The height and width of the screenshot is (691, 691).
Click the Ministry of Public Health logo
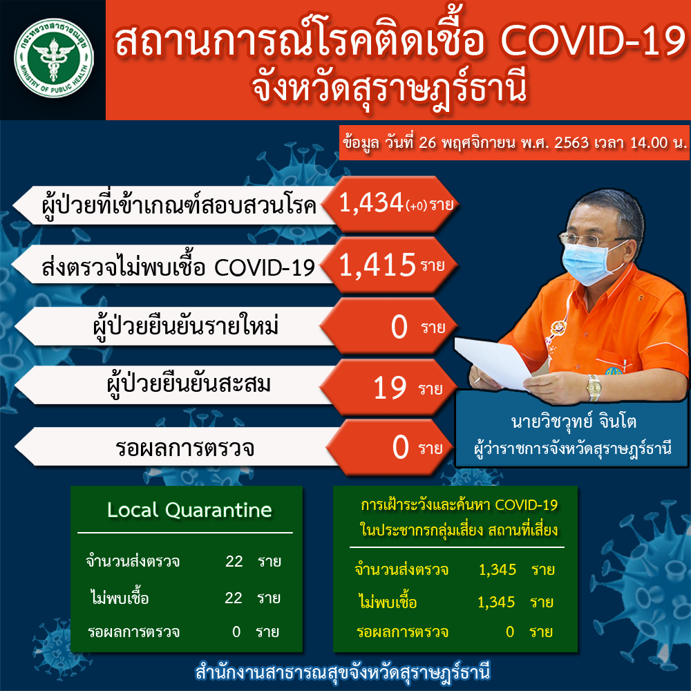[x=53, y=58]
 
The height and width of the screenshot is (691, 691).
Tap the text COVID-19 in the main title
[x=593, y=41]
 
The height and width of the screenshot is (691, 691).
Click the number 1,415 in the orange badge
[x=377, y=265]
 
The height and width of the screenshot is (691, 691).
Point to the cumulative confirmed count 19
[x=390, y=388]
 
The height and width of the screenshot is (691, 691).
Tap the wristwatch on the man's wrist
[x=594, y=388]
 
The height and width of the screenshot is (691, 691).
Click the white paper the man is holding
[x=493, y=362]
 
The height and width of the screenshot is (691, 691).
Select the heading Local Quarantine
[x=189, y=510]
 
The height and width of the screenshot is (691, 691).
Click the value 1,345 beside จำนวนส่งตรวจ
[x=497, y=569]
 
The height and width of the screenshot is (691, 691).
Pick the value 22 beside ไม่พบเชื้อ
[x=234, y=598]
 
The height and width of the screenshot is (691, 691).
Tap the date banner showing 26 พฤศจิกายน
[x=514, y=143]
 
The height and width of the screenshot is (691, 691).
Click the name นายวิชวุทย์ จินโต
[x=574, y=422]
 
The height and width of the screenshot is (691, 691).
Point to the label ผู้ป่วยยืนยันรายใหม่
[x=185, y=327]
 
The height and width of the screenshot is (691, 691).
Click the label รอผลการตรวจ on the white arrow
[x=184, y=448]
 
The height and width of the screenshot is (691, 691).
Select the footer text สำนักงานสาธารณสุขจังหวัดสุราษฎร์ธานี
[x=343, y=672]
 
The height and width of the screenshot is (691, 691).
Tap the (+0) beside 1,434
[x=417, y=206]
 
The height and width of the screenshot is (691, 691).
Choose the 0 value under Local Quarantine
[x=236, y=632]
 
